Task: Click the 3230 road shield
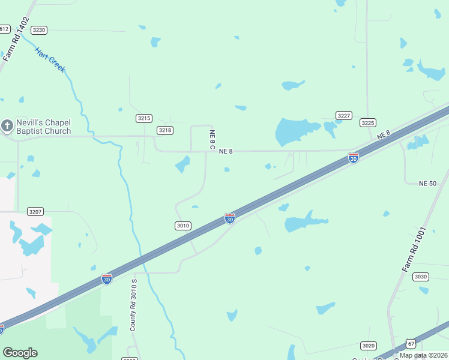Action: coord(39,30)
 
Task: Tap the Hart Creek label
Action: coord(50,60)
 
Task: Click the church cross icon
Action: coord(7,126)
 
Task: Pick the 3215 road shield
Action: coord(144,118)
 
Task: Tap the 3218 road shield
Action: coord(165,130)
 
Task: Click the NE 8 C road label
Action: coord(212,139)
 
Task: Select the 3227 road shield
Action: coord(343,115)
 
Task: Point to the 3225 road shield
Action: coord(368,122)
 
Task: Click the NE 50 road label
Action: coord(427,183)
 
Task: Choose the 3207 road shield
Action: coord(36,212)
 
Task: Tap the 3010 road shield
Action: coord(183,226)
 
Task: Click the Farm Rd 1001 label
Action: coord(414,248)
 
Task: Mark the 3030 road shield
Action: coord(421,276)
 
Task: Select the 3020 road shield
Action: coord(368,346)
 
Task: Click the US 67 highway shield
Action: coord(411,343)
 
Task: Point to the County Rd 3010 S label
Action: coord(134,305)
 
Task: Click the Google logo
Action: coord(20,353)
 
